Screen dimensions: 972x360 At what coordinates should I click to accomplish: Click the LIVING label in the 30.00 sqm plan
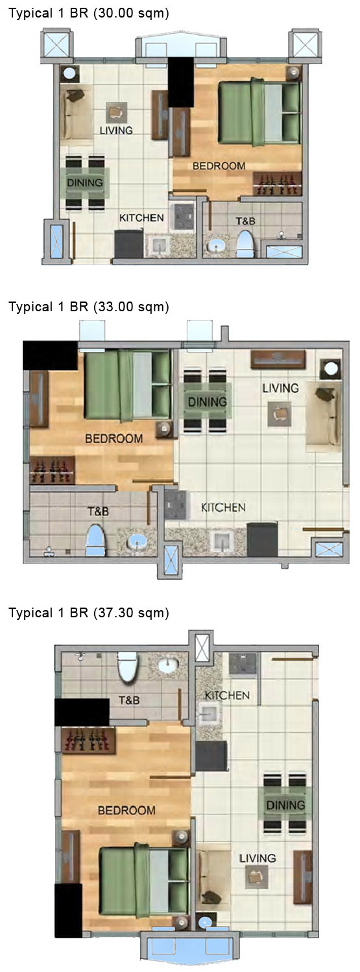(x=117, y=130)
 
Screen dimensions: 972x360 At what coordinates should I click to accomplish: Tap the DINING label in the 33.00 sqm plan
(x=208, y=402)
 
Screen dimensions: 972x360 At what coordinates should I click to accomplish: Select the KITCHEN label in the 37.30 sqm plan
(x=227, y=695)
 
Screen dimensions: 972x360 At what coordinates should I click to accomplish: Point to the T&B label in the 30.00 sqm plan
(x=245, y=221)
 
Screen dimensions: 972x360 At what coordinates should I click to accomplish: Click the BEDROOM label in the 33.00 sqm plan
(x=114, y=439)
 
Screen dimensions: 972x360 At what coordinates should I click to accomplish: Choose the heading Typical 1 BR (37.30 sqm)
(x=88, y=612)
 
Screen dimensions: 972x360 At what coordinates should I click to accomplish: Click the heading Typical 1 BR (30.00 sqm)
(x=88, y=13)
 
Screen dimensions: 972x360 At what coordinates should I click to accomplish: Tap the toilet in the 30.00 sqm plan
(x=245, y=244)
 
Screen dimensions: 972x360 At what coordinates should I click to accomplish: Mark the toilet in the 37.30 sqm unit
(x=128, y=667)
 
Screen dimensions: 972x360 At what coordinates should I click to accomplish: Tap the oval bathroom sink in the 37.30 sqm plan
(x=169, y=665)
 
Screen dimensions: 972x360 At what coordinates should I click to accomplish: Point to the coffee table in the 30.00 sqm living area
(x=117, y=112)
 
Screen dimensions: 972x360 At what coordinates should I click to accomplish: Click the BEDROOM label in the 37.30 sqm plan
(x=126, y=810)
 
